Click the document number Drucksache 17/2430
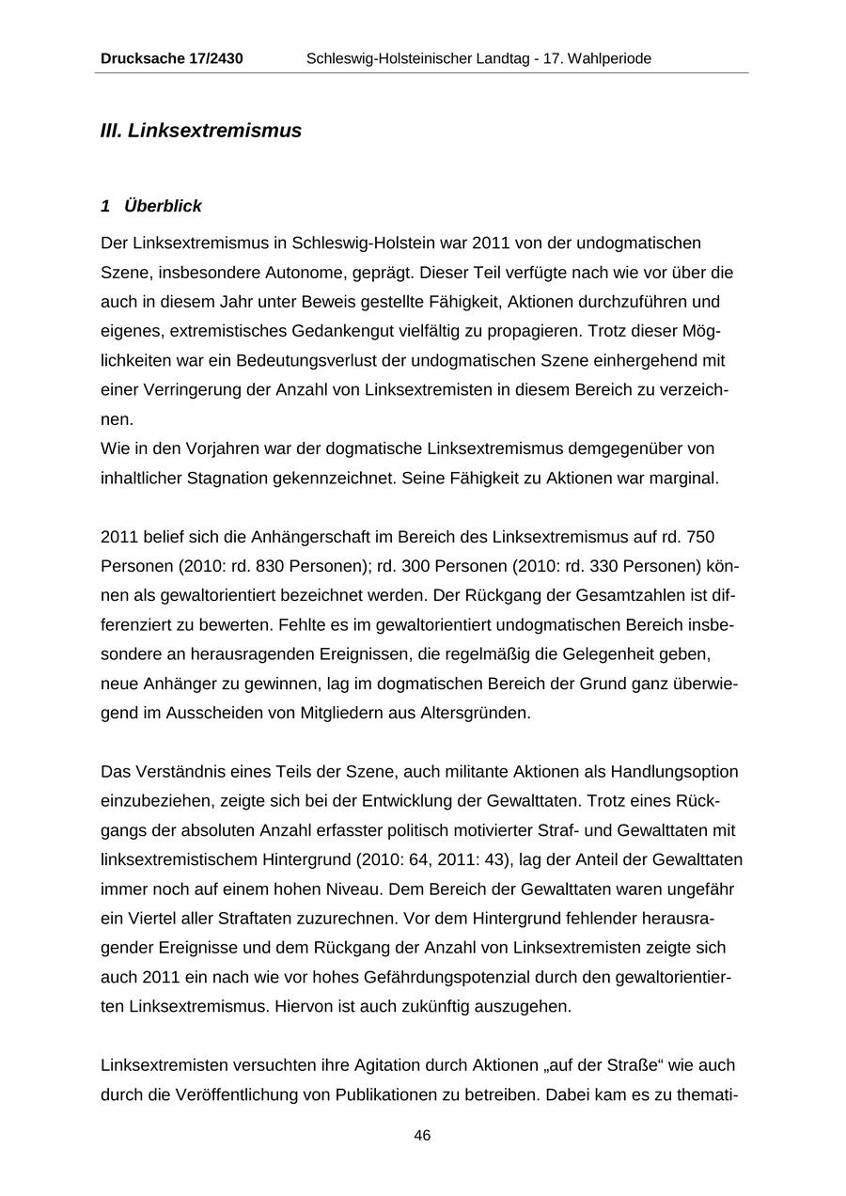pyautogui.click(x=172, y=59)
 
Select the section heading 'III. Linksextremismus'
pyautogui.click(x=201, y=131)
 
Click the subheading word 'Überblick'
pyautogui.click(x=163, y=206)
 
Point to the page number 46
pyautogui.click(x=422, y=1136)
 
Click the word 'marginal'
pyautogui.click(x=685, y=478)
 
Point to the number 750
pyautogui.click(x=701, y=537)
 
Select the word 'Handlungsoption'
pyautogui.click(x=674, y=772)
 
